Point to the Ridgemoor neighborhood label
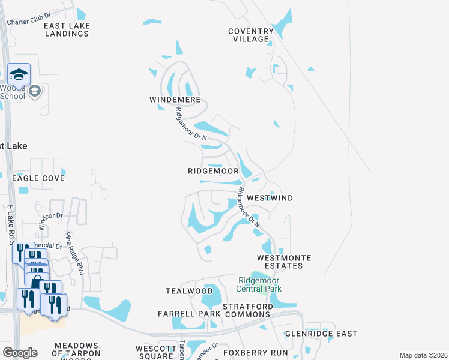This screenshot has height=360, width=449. point(213,171)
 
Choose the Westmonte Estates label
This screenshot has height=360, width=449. point(284,262)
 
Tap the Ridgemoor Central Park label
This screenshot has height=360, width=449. point(259,284)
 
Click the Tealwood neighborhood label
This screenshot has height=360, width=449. point(181,291)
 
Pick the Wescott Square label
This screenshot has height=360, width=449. point(155,352)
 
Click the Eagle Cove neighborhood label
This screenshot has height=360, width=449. point(38,178)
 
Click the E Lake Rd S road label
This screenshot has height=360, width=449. point(10,225)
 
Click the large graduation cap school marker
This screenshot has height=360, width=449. point(19,74)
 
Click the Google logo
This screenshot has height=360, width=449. point(19,353)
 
